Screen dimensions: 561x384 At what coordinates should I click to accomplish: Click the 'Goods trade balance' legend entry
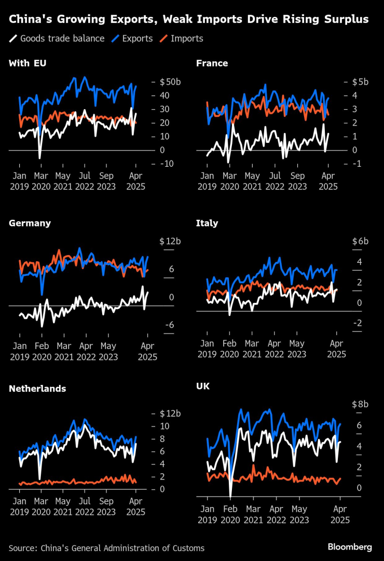click(62, 38)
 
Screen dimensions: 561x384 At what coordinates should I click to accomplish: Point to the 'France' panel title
click(212, 63)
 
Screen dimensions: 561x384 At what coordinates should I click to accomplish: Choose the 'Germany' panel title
click(30, 223)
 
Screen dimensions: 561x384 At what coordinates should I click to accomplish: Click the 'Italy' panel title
click(207, 223)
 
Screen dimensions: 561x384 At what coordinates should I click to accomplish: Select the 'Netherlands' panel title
click(37, 389)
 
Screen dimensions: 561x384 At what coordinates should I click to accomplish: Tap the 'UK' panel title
click(202, 386)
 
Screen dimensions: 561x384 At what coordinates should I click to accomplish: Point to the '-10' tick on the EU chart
click(166, 164)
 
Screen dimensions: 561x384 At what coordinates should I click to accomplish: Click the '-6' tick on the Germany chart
click(168, 325)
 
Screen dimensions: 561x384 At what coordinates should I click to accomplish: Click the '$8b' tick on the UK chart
click(360, 404)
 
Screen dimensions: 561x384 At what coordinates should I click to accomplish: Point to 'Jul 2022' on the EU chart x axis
click(85, 181)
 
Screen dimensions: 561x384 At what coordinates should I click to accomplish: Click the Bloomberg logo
click(350, 547)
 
